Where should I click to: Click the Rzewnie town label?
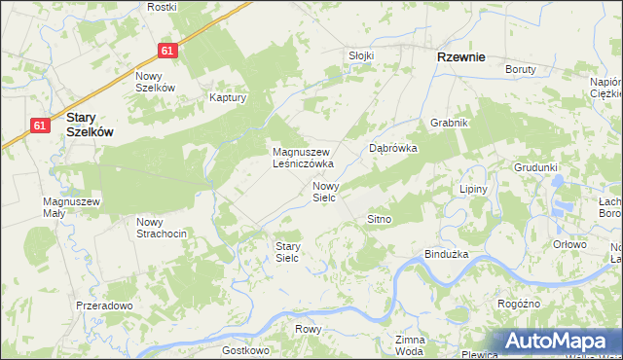[x=461, y=57]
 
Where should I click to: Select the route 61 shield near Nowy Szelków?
[x=168, y=51]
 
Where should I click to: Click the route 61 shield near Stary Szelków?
[x=39, y=126]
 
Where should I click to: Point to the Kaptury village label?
[x=230, y=97]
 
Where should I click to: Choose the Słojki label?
[x=361, y=55]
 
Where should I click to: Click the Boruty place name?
[x=521, y=69]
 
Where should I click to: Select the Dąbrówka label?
[x=393, y=149]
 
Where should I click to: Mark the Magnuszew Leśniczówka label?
[x=303, y=158]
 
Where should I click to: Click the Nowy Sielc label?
[x=324, y=191]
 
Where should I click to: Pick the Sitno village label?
[x=379, y=219]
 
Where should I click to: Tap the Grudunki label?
[x=536, y=167]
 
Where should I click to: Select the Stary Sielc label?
[x=287, y=252]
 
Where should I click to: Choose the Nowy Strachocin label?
[x=161, y=228]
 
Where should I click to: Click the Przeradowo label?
[x=103, y=306]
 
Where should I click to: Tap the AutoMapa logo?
[x=559, y=342]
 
